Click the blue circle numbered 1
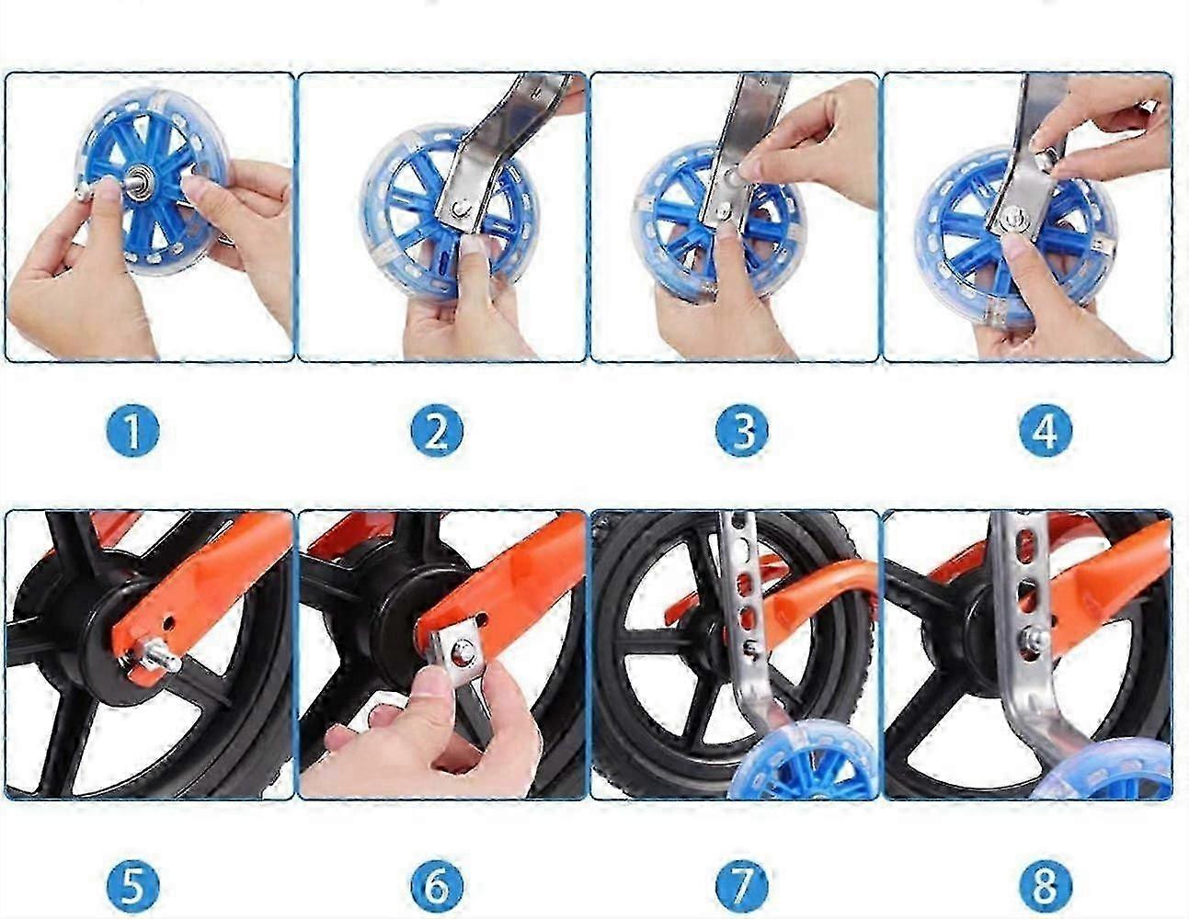[132, 431]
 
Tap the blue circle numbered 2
[437, 431]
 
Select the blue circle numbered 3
[741, 431]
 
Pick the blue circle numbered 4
[1046, 431]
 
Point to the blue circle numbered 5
[132, 887]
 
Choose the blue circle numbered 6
[437, 887]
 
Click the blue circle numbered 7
[741, 887]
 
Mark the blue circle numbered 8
[1046, 887]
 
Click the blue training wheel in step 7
[803, 763]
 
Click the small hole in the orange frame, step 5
[170, 622]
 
